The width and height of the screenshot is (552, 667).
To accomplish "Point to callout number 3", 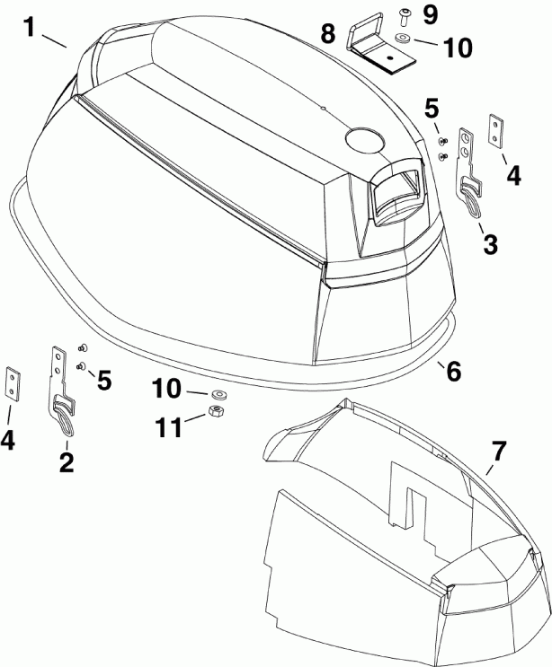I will pyautogui.click(x=490, y=242).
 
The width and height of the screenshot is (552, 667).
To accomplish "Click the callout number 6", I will pyautogui.click(x=453, y=369).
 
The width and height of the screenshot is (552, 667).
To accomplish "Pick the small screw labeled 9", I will pyautogui.click(x=402, y=15).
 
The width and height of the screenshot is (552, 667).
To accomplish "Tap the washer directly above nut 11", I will pyautogui.click(x=218, y=394).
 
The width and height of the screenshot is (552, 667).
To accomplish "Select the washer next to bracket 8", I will pyautogui.click(x=399, y=39).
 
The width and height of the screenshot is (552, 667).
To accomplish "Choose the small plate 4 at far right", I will pyautogui.click(x=494, y=128).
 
